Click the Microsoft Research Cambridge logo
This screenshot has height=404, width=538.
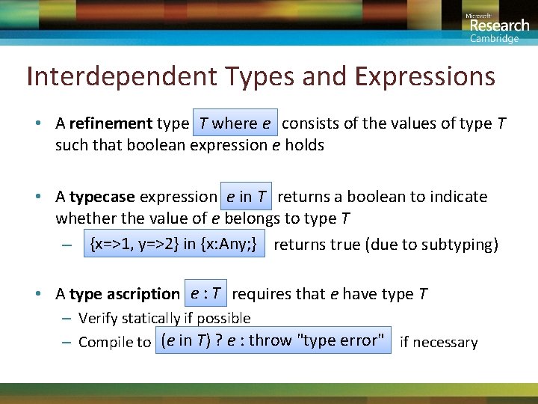[x=496, y=27]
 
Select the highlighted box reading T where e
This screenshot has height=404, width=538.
[x=235, y=123]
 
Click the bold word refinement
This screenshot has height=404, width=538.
[x=111, y=123]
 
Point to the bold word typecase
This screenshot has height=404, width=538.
[x=102, y=197]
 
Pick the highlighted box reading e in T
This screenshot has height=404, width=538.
[x=247, y=197]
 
